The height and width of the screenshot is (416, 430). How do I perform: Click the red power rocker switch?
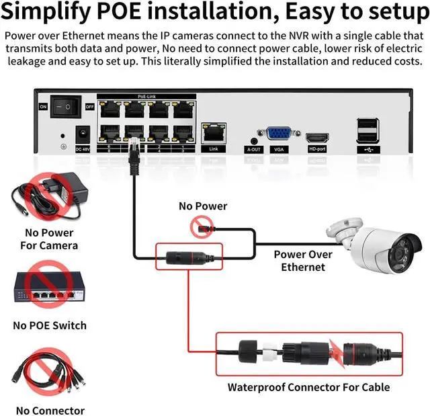pyautogui.click(x=67, y=106)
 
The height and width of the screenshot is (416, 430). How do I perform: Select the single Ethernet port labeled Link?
pyautogui.click(x=214, y=130)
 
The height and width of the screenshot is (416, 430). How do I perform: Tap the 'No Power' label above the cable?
pyautogui.click(x=203, y=206)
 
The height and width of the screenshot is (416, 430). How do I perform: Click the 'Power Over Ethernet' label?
pyautogui.click(x=302, y=261)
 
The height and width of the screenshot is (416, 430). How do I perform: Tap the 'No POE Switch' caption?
pyautogui.click(x=50, y=325)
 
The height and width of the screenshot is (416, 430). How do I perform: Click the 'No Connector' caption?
pyautogui.click(x=50, y=411)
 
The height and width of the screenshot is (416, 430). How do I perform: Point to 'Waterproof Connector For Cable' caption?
pyautogui.click(x=308, y=386)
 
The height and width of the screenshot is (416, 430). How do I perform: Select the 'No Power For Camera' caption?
pyautogui.click(x=51, y=239)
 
